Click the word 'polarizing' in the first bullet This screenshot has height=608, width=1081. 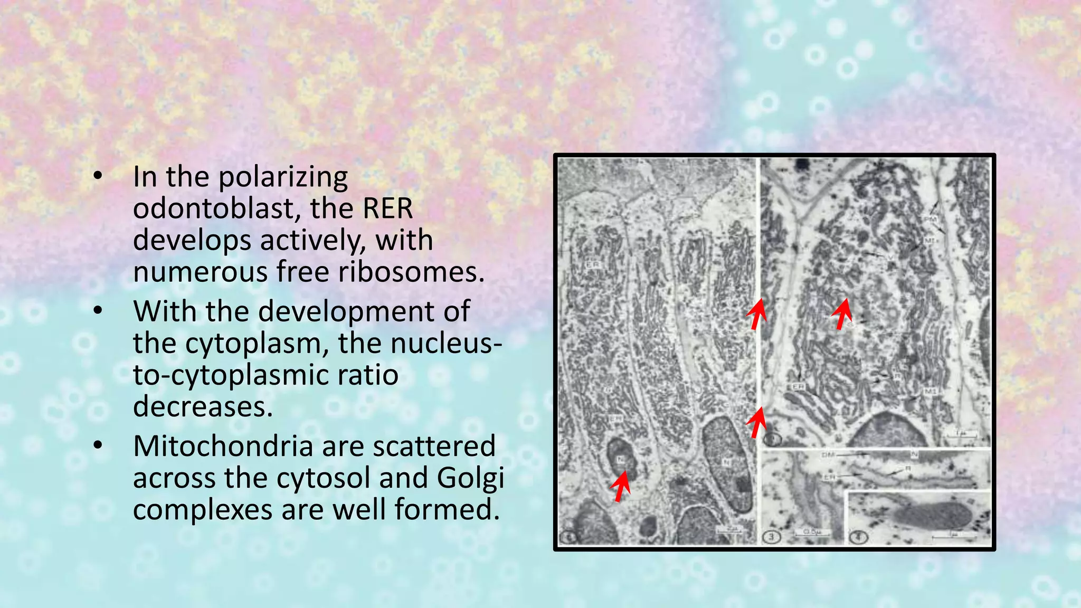pos(283,177)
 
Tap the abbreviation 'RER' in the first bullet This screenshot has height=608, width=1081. pos(387,208)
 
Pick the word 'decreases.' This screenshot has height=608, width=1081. pos(203,407)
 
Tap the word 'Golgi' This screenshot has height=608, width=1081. pos(470,478)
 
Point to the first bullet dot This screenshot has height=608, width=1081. pos(98,176)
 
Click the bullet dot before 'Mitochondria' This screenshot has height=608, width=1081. pos(98,446)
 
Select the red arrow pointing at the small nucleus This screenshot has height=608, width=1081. pos(621,486)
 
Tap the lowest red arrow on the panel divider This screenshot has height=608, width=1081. pos(757,422)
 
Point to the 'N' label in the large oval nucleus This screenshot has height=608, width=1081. pos(727,463)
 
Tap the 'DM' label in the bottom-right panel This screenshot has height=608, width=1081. pos(828,454)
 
